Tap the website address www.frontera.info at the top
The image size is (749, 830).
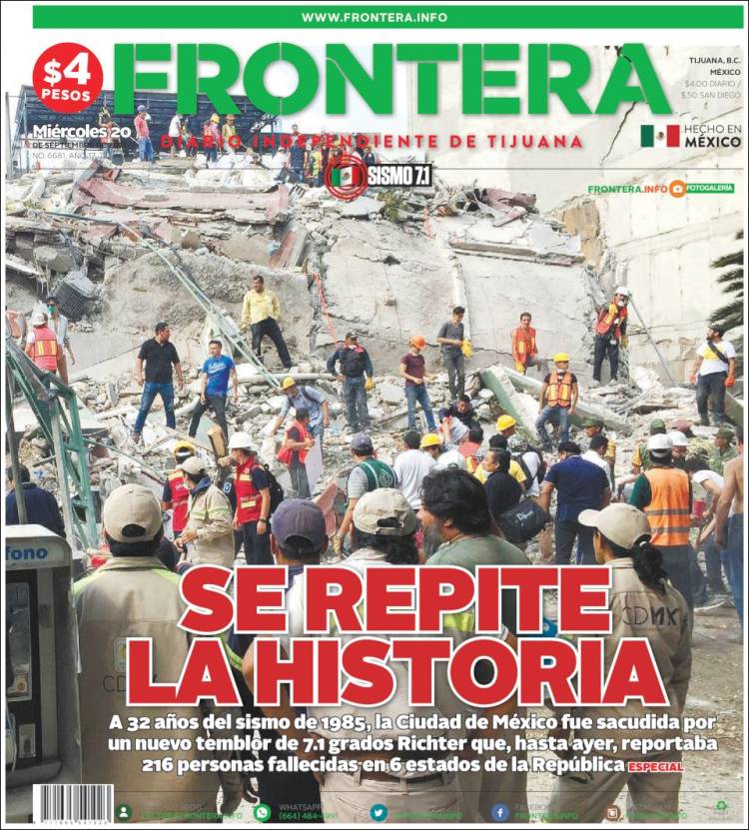pos(374,17)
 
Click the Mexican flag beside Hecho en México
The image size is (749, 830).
pos(659,136)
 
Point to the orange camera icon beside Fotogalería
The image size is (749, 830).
pos(677,188)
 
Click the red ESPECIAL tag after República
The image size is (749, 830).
pos(655,767)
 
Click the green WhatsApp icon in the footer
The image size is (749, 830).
pos(262,812)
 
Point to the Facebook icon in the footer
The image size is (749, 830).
pos(499,812)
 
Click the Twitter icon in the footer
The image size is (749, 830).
pos(378,812)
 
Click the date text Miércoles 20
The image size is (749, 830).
pos(81,132)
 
